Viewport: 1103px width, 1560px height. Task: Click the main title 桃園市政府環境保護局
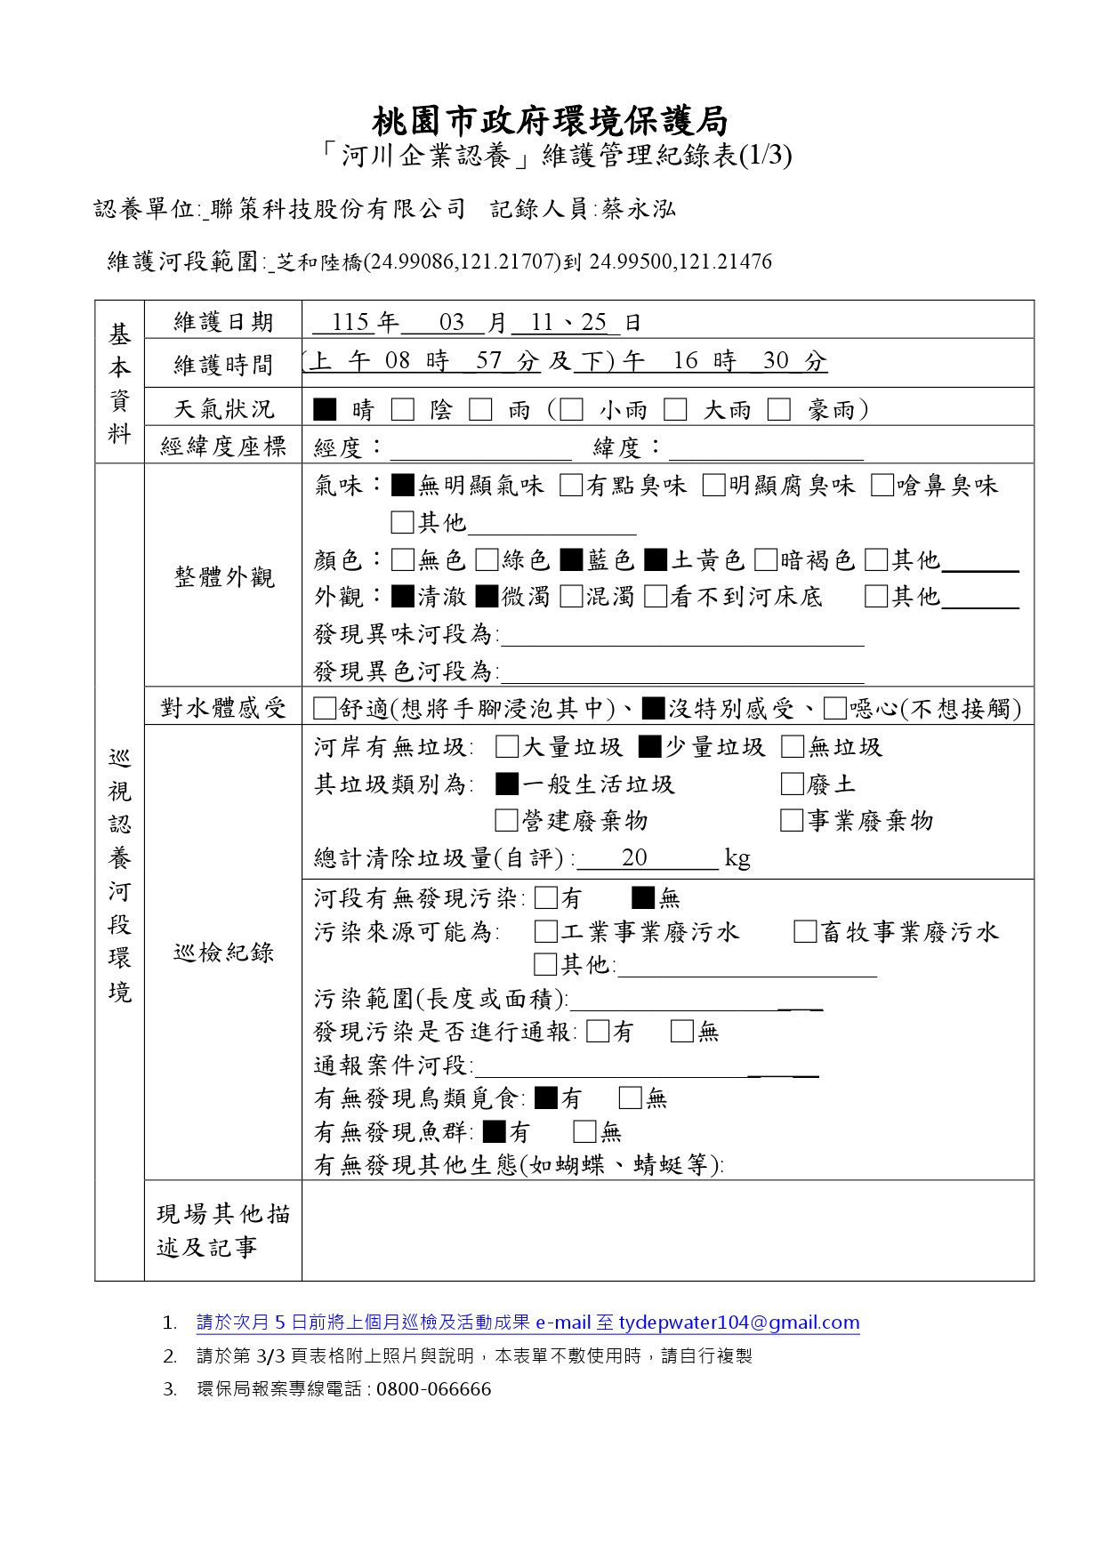(550, 120)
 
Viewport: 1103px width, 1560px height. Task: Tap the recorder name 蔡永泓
(639, 209)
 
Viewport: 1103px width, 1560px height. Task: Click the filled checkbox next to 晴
(326, 409)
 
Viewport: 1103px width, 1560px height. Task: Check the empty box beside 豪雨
(779, 409)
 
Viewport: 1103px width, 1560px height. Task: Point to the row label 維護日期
(223, 322)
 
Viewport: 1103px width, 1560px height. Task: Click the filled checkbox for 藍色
(571, 559)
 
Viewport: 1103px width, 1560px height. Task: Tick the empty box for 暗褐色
(765, 559)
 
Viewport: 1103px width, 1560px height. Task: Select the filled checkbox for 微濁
(487, 596)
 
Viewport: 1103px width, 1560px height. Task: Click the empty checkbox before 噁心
(834, 708)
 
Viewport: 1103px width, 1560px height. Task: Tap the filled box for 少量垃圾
(650, 746)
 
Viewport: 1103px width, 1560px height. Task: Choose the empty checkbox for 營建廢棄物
(506, 820)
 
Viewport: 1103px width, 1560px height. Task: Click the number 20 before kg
(634, 857)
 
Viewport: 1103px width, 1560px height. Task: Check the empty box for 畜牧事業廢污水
(805, 931)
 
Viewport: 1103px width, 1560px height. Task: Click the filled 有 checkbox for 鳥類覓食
(548, 1098)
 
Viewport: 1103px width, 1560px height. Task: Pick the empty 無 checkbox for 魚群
(584, 1131)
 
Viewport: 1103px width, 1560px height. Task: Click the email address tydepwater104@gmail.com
(739, 1323)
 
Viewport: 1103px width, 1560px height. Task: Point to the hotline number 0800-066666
(433, 1389)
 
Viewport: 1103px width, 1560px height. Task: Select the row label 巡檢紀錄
(223, 953)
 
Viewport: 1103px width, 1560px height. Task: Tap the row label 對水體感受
(223, 708)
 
